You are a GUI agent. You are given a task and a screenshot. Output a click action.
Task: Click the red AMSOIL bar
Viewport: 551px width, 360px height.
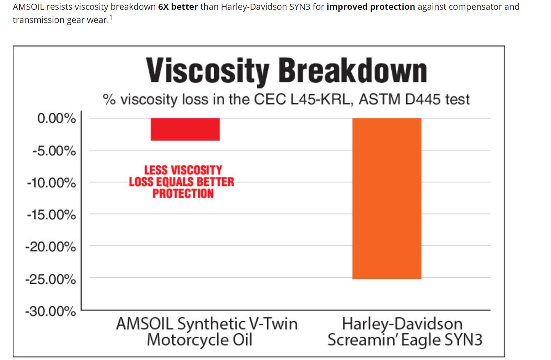[185, 129]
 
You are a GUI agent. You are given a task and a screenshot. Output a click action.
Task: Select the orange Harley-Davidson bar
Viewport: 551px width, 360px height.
[386, 198]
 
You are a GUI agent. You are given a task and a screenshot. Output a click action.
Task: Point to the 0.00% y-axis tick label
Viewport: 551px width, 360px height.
[57, 119]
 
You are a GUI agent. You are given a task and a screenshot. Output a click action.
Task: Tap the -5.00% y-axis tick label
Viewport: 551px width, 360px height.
[55, 151]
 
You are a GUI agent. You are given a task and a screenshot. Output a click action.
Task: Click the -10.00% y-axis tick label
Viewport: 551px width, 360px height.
[52, 183]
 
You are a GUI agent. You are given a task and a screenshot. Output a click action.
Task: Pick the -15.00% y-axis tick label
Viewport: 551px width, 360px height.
[52, 215]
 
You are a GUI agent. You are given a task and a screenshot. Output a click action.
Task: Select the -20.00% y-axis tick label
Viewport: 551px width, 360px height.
[51, 247]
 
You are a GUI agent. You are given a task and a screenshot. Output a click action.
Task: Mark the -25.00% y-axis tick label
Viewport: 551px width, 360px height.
[51, 279]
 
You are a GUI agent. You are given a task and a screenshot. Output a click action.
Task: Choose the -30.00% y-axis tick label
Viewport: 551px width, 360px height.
[51, 312]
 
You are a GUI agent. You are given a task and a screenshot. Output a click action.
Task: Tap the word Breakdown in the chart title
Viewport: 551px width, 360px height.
[353, 71]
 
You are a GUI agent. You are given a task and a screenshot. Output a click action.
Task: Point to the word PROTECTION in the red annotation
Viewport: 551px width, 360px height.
[183, 194]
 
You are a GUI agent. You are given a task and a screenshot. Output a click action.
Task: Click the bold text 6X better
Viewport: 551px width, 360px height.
[178, 7]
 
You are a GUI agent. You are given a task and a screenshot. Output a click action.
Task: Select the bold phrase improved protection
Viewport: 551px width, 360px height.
[370, 7]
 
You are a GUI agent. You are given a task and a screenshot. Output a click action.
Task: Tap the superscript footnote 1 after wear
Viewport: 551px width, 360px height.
[110, 18]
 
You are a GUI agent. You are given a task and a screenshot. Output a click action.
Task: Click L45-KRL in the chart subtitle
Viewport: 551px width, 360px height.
[320, 99]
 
